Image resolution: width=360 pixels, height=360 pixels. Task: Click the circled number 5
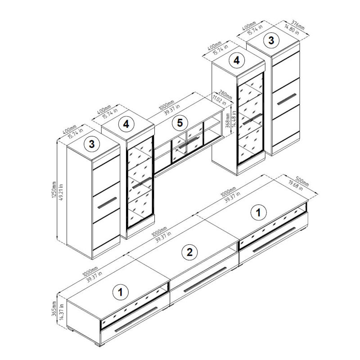click(x=180, y=123)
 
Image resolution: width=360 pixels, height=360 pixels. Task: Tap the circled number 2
click(x=189, y=252)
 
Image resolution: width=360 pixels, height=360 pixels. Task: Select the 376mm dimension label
click(x=298, y=25)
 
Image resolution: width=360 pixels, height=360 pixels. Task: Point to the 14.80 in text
click(x=292, y=30)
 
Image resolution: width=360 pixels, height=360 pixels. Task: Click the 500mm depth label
click(x=302, y=181)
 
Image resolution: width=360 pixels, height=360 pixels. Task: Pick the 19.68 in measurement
click(x=296, y=185)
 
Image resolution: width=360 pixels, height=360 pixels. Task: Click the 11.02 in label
click(x=219, y=99)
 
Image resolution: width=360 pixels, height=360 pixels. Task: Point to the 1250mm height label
click(x=54, y=190)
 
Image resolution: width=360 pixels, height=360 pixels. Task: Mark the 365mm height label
click(x=54, y=309)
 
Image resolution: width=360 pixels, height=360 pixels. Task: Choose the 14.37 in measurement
click(x=61, y=311)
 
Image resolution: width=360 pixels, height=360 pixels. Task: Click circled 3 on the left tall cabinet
click(x=92, y=144)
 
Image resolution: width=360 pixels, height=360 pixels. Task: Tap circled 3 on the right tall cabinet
click(x=271, y=40)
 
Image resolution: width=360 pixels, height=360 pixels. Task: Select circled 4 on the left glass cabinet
click(x=126, y=124)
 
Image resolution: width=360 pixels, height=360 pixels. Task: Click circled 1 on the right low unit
click(x=258, y=212)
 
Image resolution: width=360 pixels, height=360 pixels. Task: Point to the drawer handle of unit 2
click(x=205, y=279)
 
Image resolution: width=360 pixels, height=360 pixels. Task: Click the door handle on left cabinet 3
click(x=107, y=203)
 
